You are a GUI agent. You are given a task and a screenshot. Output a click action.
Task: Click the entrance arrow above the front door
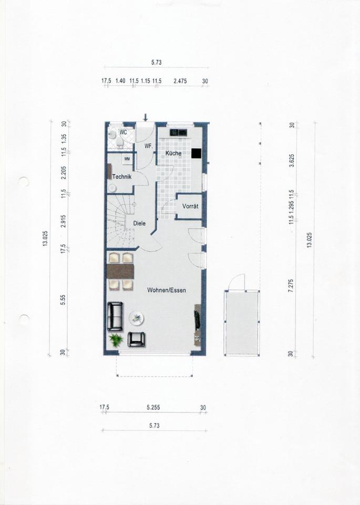pos(146,117)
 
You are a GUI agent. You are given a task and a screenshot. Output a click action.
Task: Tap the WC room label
pos(123,133)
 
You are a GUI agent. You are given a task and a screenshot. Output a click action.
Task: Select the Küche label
pos(173,153)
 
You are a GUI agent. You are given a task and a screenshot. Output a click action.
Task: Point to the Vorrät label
pos(190,206)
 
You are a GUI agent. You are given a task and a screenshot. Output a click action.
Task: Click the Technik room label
pos(122,177)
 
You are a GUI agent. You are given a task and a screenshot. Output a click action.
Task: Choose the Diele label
pos(139,223)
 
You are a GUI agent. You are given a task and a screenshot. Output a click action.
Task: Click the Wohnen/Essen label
pos(167,290)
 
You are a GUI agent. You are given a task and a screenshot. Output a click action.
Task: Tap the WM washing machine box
pos(127,159)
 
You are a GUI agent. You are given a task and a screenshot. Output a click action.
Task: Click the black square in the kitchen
pos(196,153)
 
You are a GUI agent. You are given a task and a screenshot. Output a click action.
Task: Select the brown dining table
pos(120,271)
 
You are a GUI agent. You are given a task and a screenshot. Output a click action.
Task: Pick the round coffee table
pos(137,318)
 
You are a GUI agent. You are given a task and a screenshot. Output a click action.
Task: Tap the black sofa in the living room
pos(115,316)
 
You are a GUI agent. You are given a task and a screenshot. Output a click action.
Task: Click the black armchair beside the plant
pos(137,339)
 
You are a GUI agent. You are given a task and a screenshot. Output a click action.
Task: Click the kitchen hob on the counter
pos(179,132)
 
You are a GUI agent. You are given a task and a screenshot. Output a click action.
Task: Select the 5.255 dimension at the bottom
pos(153,407)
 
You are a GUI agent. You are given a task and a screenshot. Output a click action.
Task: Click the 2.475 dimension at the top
pos(180,81)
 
